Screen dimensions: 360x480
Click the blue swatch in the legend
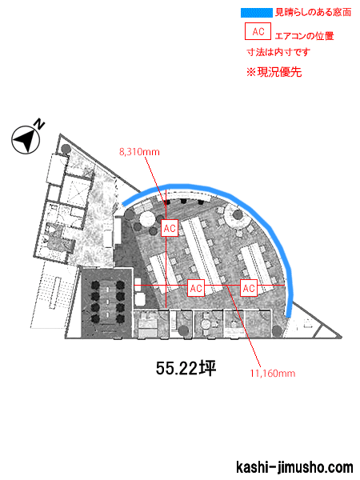pos(257,13)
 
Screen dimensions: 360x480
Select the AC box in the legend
pos(258,31)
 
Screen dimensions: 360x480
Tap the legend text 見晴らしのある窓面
pos(313,13)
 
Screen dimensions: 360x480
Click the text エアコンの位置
pos(304,36)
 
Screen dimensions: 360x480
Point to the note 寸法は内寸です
pos(278,52)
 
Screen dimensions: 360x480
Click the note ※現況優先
pos(274,72)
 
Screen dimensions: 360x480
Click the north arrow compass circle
pos(26,140)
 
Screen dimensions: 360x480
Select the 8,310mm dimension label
pos(139,152)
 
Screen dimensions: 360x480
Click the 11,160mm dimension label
pos(273,373)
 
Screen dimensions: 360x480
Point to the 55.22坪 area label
pos(186,368)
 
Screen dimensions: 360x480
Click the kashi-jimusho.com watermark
pos(294,467)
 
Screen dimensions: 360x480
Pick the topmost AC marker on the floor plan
pos(170,228)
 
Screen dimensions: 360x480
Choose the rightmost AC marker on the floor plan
pos(249,288)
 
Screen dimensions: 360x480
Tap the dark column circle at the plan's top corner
pos(66,149)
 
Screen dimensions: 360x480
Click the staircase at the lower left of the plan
pos(53,294)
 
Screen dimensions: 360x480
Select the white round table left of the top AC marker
pos(147,218)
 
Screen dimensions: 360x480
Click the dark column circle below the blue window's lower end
pos(277,330)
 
